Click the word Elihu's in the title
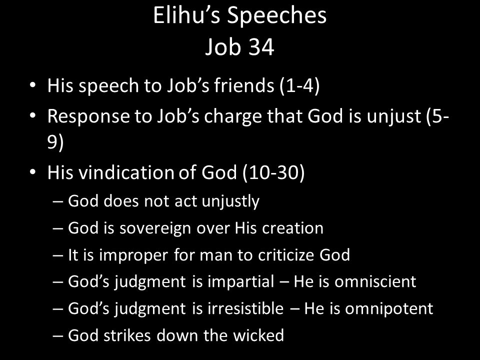[186, 15]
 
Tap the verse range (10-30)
[273, 172]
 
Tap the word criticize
[286, 255]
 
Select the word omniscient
[375, 281]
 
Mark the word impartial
[240, 282]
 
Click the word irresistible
[245, 308]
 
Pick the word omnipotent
[389, 309]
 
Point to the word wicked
[258, 335]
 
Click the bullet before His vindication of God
[33, 172]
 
